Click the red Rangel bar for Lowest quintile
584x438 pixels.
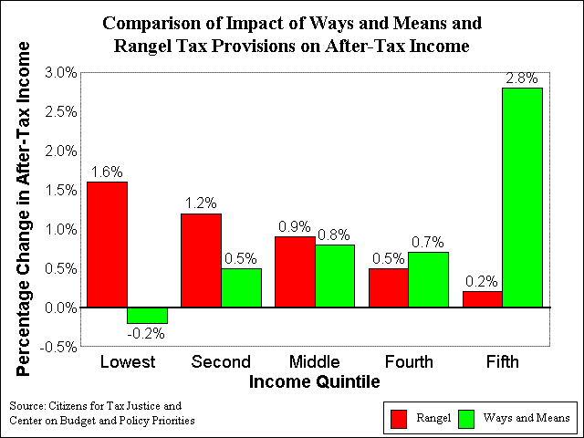pos(108,245)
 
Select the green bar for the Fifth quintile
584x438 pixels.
pos(522,197)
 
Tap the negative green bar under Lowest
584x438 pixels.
pos(147,316)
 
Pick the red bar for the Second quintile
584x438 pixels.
pos(201,260)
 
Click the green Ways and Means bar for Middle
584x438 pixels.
pos(335,276)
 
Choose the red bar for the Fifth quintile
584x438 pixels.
pos(483,299)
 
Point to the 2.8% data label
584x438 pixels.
pos(522,78)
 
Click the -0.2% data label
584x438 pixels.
pos(146,333)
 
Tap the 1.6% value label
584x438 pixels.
pos(107,172)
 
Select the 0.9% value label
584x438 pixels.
pos(295,226)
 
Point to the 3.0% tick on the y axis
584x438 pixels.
pos(61,73)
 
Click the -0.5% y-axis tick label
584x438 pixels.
pos(58,348)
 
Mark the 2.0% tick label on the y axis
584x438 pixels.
pos(61,151)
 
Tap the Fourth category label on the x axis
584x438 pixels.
pos(409,361)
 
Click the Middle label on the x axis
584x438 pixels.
pos(315,361)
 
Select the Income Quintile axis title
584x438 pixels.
pos(314,382)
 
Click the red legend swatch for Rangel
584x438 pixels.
pos(399,419)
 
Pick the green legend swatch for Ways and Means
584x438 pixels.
pos(466,419)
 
